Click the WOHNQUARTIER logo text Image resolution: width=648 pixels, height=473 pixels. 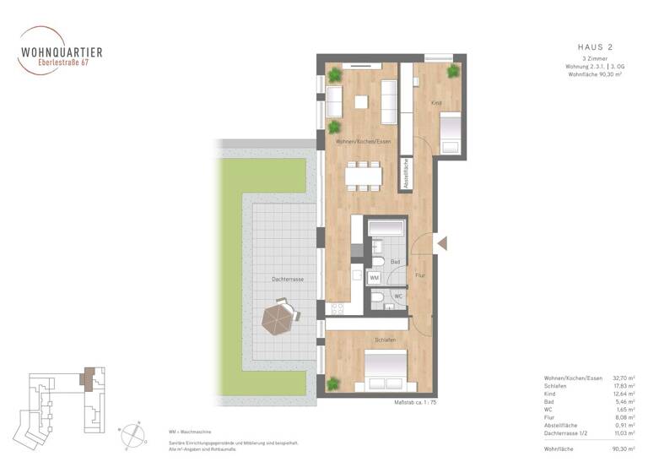pyautogui.click(x=62, y=52)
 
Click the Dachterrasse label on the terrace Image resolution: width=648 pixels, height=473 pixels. pyautogui.click(x=288, y=278)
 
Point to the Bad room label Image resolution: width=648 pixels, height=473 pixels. pyautogui.click(x=395, y=262)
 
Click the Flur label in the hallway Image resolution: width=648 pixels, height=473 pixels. pyautogui.click(x=420, y=275)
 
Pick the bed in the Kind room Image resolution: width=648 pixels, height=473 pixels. pyautogui.click(x=451, y=132)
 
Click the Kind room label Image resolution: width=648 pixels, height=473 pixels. pyautogui.click(x=436, y=103)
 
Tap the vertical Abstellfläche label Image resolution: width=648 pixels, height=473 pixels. pyautogui.click(x=406, y=173)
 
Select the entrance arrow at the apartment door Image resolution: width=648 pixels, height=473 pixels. pyautogui.click(x=441, y=243)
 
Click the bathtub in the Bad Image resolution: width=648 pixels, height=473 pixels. pyautogui.click(x=385, y=227)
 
